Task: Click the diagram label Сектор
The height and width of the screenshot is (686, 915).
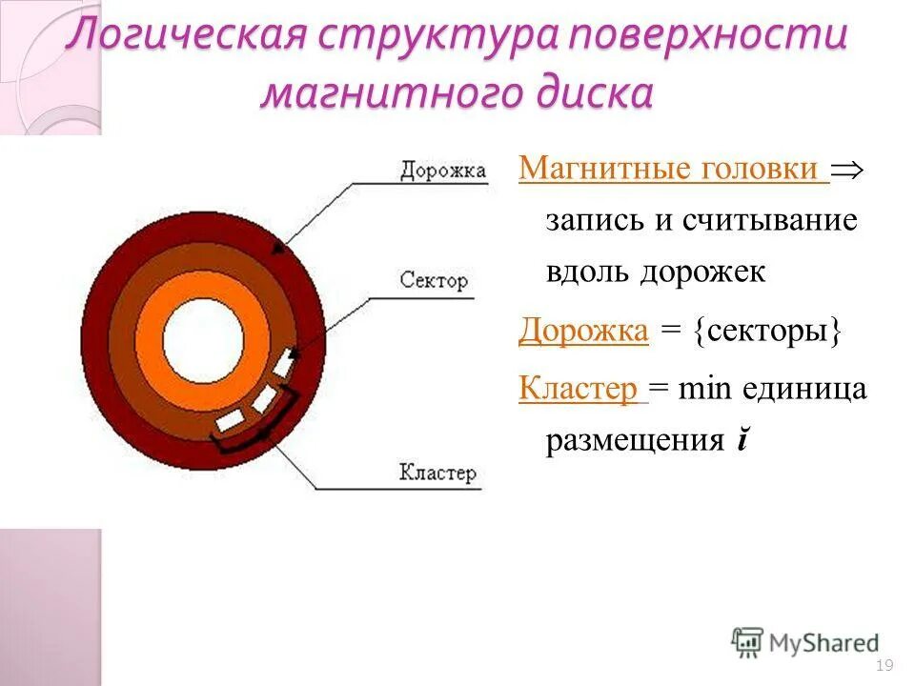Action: tap(434, 281)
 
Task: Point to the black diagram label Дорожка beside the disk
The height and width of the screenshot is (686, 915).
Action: tap(443, 171)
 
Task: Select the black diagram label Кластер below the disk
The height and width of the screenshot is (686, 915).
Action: tap(437, 473)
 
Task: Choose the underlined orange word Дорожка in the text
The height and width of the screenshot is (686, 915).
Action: tap(583, 331)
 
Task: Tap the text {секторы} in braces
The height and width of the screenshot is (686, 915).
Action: tap(768, 331)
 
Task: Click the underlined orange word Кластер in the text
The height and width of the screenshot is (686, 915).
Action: tap(578, 389)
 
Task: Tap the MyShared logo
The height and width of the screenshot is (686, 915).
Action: tap(805, 642)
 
